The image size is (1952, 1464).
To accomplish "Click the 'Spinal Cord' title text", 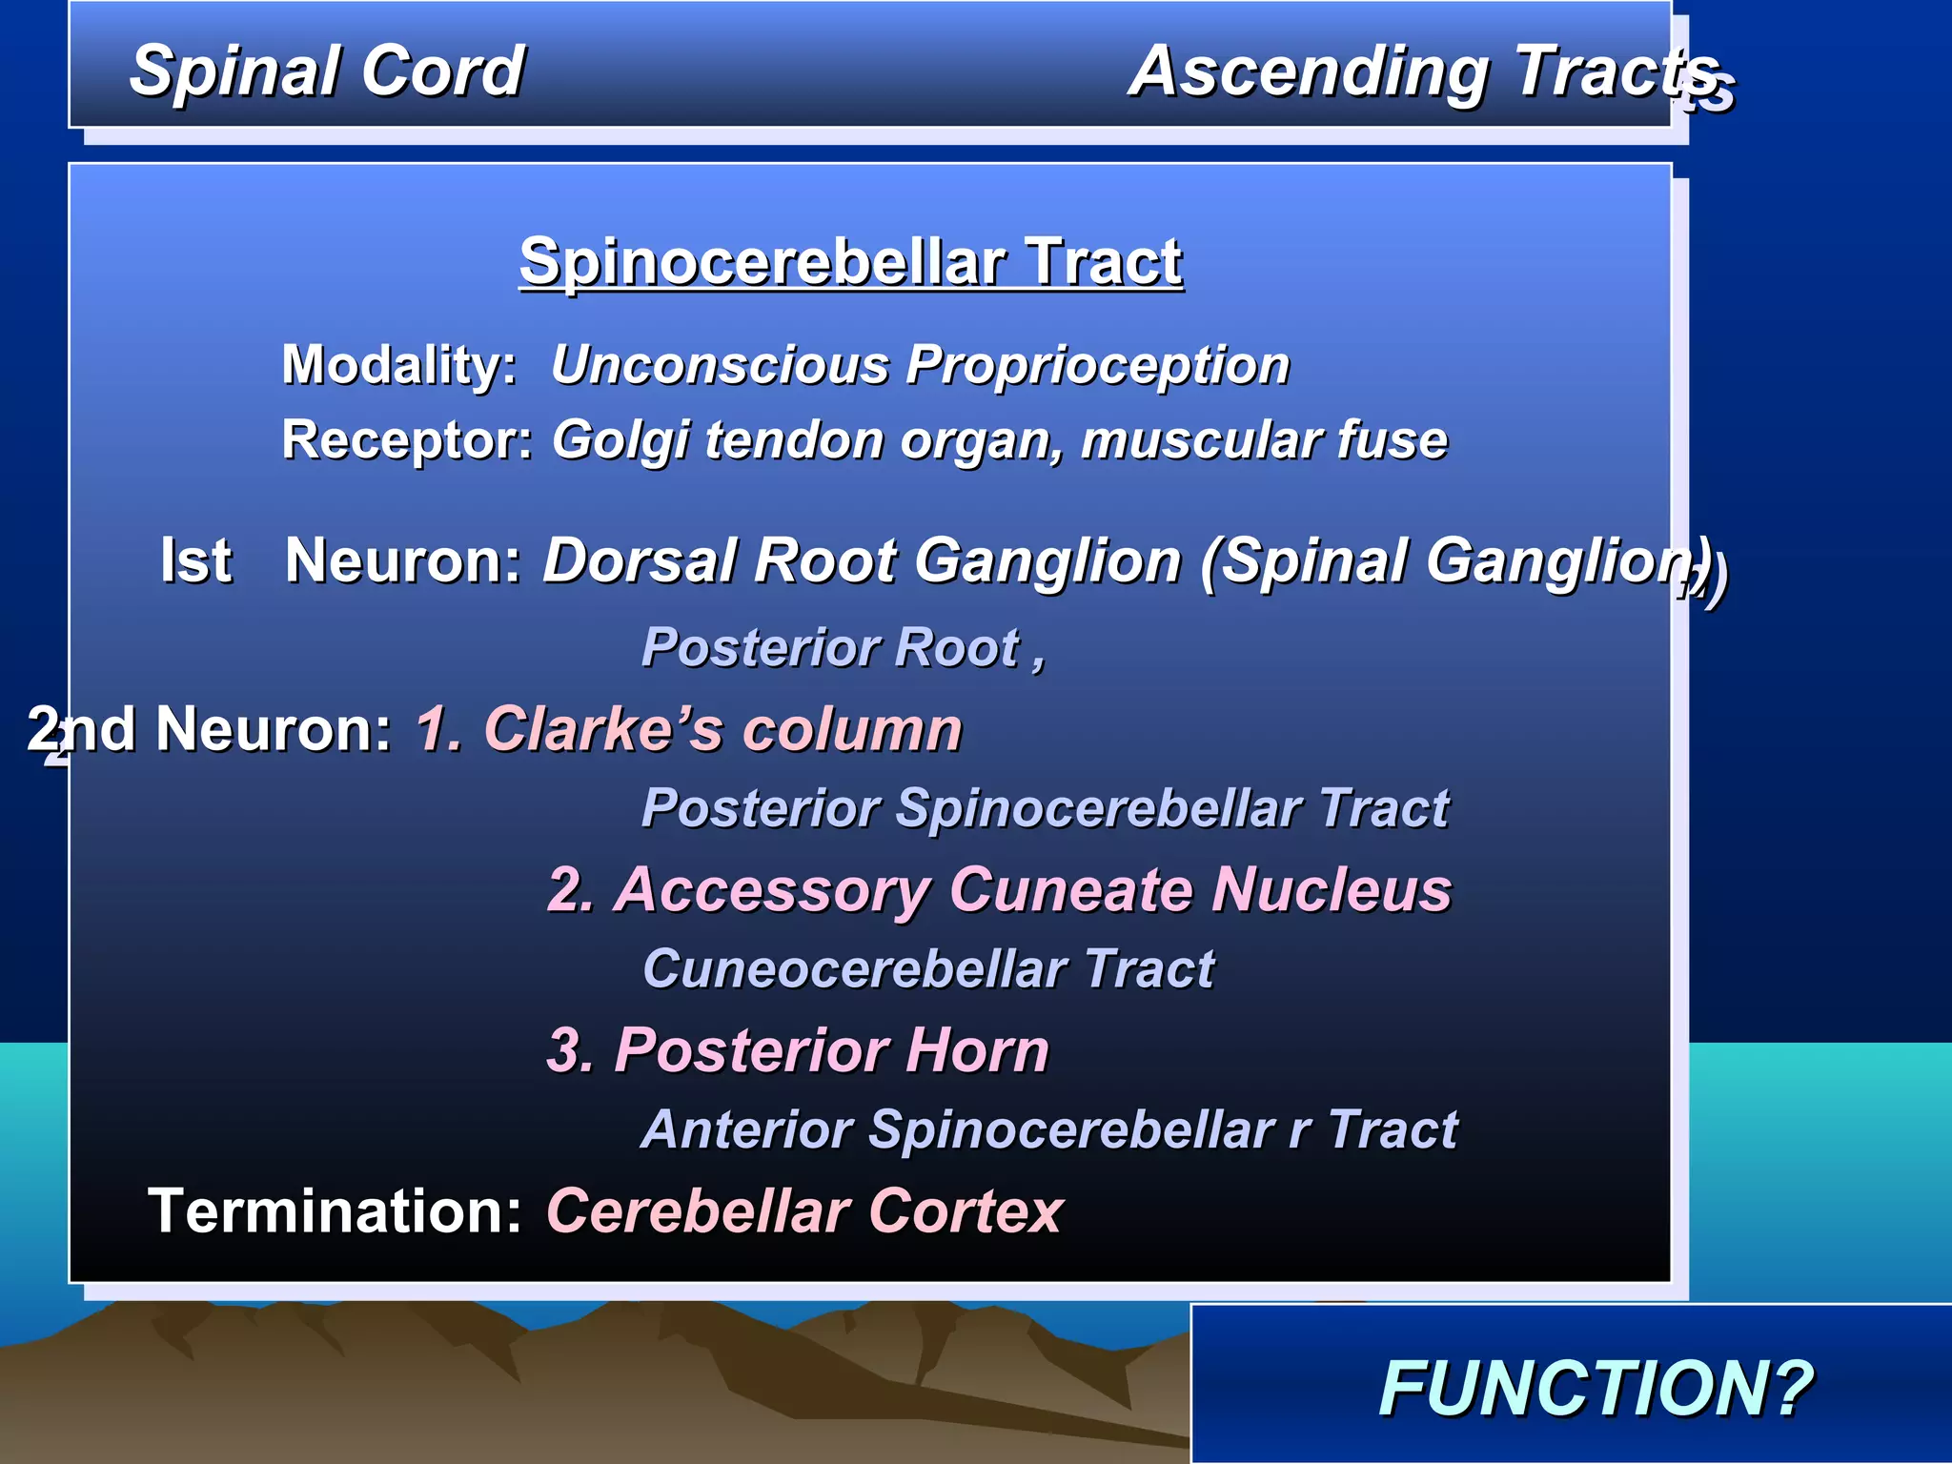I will point(326,71).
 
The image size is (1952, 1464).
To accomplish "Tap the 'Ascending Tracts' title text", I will point(1425,71).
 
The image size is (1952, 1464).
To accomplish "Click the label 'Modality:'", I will point(398,364).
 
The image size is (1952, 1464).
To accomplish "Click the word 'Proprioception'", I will point(1097,364).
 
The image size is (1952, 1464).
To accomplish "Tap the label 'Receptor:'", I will point(407,439).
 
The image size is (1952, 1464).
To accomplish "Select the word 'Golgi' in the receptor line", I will point(621,441).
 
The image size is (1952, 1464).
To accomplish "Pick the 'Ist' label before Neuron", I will point(195,559).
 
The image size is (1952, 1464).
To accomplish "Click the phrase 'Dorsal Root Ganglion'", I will point(863,559).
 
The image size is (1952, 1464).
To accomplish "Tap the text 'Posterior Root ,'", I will point(843,647).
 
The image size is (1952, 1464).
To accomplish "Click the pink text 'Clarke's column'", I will point(722,729).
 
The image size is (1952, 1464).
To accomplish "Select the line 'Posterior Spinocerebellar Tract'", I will point(1045,808).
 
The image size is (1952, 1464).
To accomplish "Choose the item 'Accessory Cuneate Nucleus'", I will point(1032,889).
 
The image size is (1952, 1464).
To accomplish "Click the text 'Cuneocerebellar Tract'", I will point(927,969).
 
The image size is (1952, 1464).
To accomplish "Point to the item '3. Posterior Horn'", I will point(798,1050).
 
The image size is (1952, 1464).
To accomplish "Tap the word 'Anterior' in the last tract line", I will point(747,1129).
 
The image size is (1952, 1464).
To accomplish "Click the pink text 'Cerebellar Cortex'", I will point(803,1210).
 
